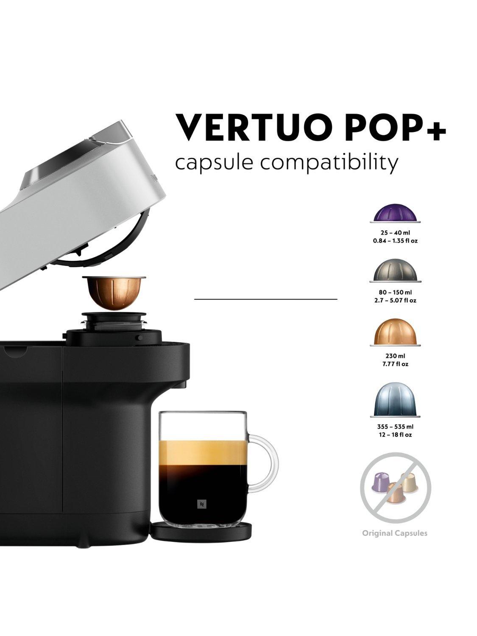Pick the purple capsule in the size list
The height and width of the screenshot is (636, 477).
tap(395, 213)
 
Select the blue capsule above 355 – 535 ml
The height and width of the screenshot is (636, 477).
tap(395, 400)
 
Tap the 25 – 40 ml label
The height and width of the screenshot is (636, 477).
tap(395, 232)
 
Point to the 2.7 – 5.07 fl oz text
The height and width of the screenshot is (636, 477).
tap(395, 301)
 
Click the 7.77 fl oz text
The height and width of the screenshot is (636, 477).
tap(395, 364)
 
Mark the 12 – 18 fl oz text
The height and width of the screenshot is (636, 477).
tap(395, 435)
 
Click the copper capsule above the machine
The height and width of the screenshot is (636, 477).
tap(114, 293)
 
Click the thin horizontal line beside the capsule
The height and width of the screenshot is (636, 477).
tap(265, 299)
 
